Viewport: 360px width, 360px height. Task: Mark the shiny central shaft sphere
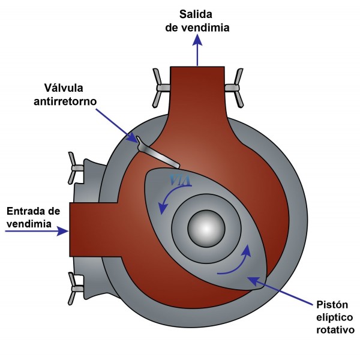point(206,228)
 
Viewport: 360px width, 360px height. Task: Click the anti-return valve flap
point(157,152)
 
